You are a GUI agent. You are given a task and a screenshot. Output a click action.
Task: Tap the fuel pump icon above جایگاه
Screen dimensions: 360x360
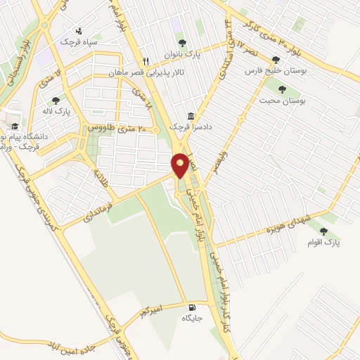[191, 307]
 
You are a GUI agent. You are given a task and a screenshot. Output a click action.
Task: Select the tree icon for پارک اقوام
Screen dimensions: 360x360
[323, 231]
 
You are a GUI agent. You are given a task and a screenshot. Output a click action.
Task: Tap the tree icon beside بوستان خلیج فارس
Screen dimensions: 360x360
[285, 60]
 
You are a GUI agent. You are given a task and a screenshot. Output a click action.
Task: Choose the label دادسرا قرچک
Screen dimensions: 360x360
[191, 128]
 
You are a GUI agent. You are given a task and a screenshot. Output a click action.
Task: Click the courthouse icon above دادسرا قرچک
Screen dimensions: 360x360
[191, 117]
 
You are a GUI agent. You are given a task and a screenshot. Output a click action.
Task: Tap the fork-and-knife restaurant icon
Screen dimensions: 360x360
[147, 61]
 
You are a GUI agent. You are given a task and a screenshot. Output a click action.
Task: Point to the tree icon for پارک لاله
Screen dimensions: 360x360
[55, 100]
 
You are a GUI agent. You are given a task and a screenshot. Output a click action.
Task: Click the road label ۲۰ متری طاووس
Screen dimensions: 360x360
[112, 129]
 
